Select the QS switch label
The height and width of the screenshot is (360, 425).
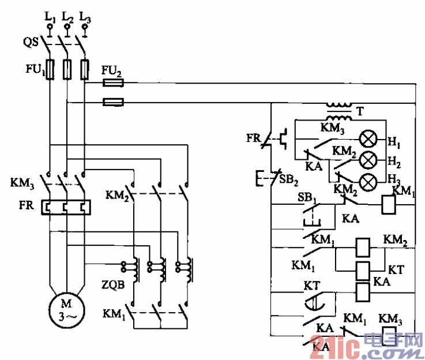(x=31, y=42)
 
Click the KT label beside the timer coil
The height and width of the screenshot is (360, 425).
(x=396, y=269)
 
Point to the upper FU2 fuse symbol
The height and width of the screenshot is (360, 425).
(x=114, y=83)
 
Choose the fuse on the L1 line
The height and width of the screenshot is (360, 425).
(x=50, y=69)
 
